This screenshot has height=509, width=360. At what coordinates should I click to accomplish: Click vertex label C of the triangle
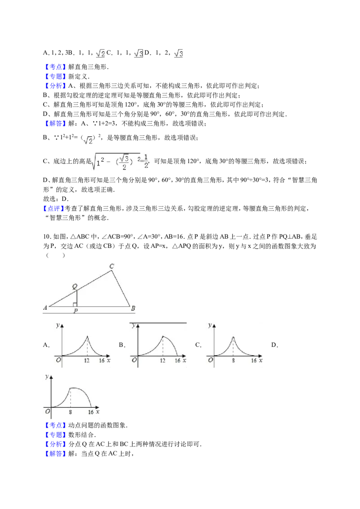tap(112, 266)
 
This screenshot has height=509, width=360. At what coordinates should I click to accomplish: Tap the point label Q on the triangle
tap(75, 286)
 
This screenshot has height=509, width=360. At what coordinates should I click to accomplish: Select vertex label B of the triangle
tap(133, 308)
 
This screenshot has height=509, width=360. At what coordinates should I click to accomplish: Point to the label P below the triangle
tap(76, 311)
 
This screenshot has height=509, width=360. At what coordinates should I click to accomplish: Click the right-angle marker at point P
tap(75, 304)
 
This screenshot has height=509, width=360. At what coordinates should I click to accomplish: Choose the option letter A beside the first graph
tap(46, 345)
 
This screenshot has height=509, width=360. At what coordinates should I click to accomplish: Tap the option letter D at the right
tap(274, 345)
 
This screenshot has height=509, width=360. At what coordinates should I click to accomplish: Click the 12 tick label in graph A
tap(87, 360)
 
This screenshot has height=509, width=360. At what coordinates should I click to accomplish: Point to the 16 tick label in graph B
tap(177, 360)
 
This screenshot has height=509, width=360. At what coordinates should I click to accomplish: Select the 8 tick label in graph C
tap(233, 360)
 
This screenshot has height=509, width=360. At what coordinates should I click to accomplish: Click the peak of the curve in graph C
tap(233, 337)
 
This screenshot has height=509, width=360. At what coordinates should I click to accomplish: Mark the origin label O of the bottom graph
tap(47, 411)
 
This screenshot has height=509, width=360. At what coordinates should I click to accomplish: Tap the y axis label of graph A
tap(58, 325)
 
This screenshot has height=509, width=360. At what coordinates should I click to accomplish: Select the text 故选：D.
tap(56, 199)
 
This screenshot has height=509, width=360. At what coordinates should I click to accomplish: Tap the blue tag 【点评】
tap(54, 208)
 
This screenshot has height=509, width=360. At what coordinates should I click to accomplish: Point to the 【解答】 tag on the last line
tap(54, 454)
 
